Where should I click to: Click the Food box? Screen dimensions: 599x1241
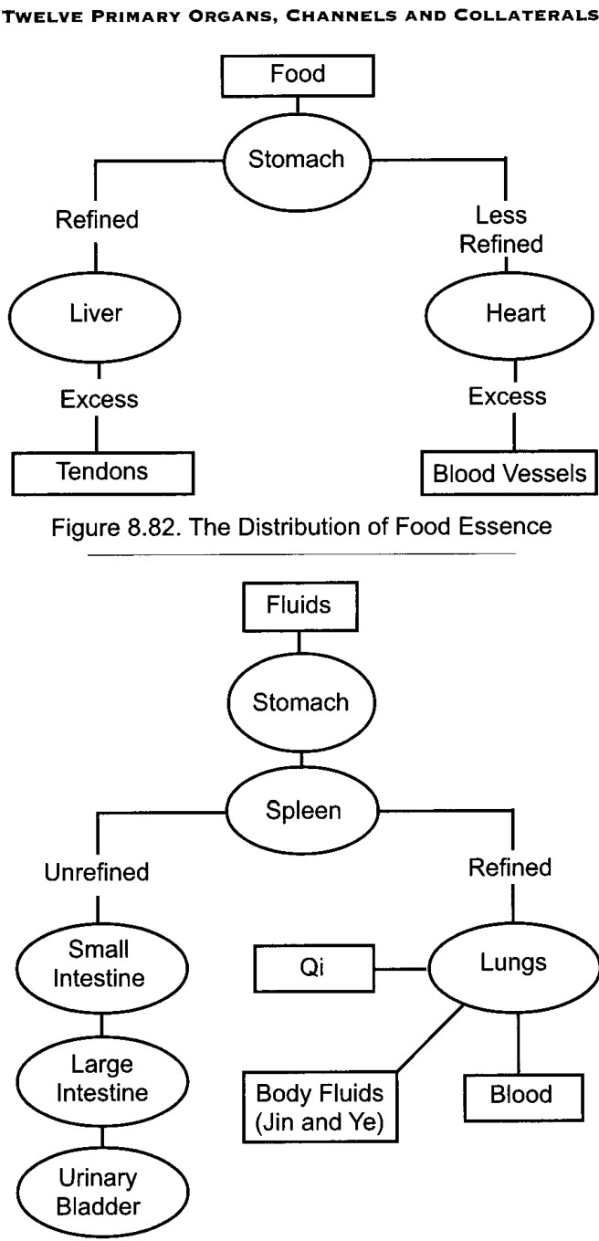[298, 76]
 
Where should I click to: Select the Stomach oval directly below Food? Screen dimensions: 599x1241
[297, 160]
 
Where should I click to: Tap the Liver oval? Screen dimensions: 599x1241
[95, 315]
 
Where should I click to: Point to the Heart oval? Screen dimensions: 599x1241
[510, 315]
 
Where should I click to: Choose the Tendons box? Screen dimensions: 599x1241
[102, 473]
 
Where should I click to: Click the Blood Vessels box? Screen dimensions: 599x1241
[509, 473]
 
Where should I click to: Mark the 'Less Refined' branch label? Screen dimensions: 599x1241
[501, 229]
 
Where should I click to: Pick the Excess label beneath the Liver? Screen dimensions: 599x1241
[100, 399]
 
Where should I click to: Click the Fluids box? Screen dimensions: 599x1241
[299, 606]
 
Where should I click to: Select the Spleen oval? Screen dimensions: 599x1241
[302, 811]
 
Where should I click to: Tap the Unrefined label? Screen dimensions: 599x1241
[97, 872]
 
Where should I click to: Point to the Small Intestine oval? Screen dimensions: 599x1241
[101, 967]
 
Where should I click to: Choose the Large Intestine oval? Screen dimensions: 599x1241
[102, 1081]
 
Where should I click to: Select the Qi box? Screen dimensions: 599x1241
[313, 968]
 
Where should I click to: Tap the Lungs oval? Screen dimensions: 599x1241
[513, 968]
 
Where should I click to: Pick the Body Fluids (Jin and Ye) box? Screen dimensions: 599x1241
[321, 1107]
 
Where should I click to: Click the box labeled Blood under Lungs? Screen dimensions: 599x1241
[523, 1097]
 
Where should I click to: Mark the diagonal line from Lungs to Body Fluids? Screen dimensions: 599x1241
[430, 1037]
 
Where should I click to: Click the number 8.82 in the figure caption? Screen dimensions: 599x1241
[154, 527]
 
